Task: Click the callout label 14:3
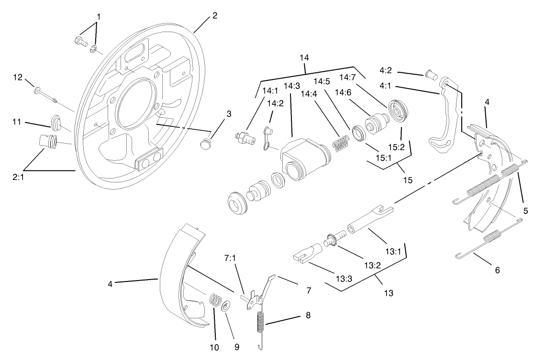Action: click(x=291, y=86)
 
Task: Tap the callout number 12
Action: click(x=17, y=77)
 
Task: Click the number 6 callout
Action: click(x=497, y=270)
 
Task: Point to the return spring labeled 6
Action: click(x=488, y=241)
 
